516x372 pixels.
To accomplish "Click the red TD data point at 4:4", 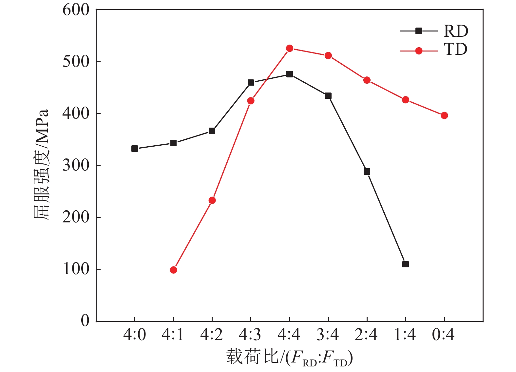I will (290, 49).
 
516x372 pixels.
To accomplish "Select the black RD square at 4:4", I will (290, 74).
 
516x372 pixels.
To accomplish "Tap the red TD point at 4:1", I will (174, 270).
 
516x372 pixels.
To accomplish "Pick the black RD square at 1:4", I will (406, 264).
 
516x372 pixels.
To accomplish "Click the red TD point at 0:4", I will (444, 115).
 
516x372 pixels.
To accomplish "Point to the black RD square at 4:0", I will (135, 149).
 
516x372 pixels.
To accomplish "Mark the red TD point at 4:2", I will (212, 200).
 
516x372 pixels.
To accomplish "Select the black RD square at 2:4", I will (367, 172).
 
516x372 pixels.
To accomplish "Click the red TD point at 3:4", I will (328, 56).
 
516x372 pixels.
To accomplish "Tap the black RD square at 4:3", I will (251, 82).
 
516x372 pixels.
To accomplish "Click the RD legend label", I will (456, 31).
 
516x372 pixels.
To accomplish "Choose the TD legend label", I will (456, 50).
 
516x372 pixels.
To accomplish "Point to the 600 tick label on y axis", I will (76, 10).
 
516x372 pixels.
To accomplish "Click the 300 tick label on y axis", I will (76, 165).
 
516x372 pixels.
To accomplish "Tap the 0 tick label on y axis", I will (85, 320).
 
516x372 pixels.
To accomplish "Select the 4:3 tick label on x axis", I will (250, 335).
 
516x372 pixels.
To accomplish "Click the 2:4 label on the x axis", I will (366, 335).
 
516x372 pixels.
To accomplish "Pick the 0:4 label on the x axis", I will (444, 335).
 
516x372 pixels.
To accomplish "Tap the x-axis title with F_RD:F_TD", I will (290, 358).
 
